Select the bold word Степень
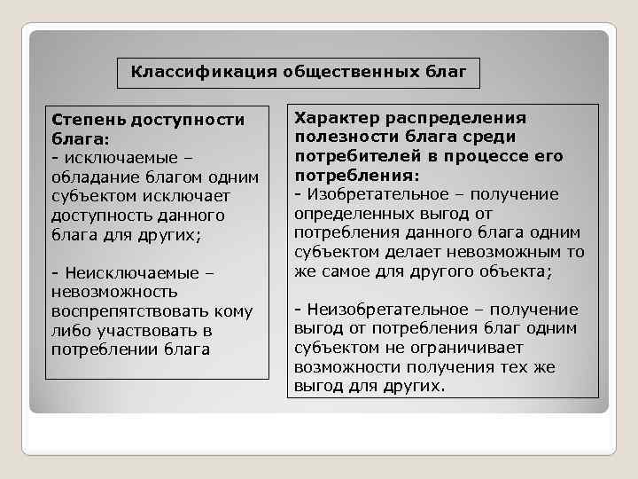click(89, 120)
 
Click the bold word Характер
click(334, 118)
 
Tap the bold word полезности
click(342, 137)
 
